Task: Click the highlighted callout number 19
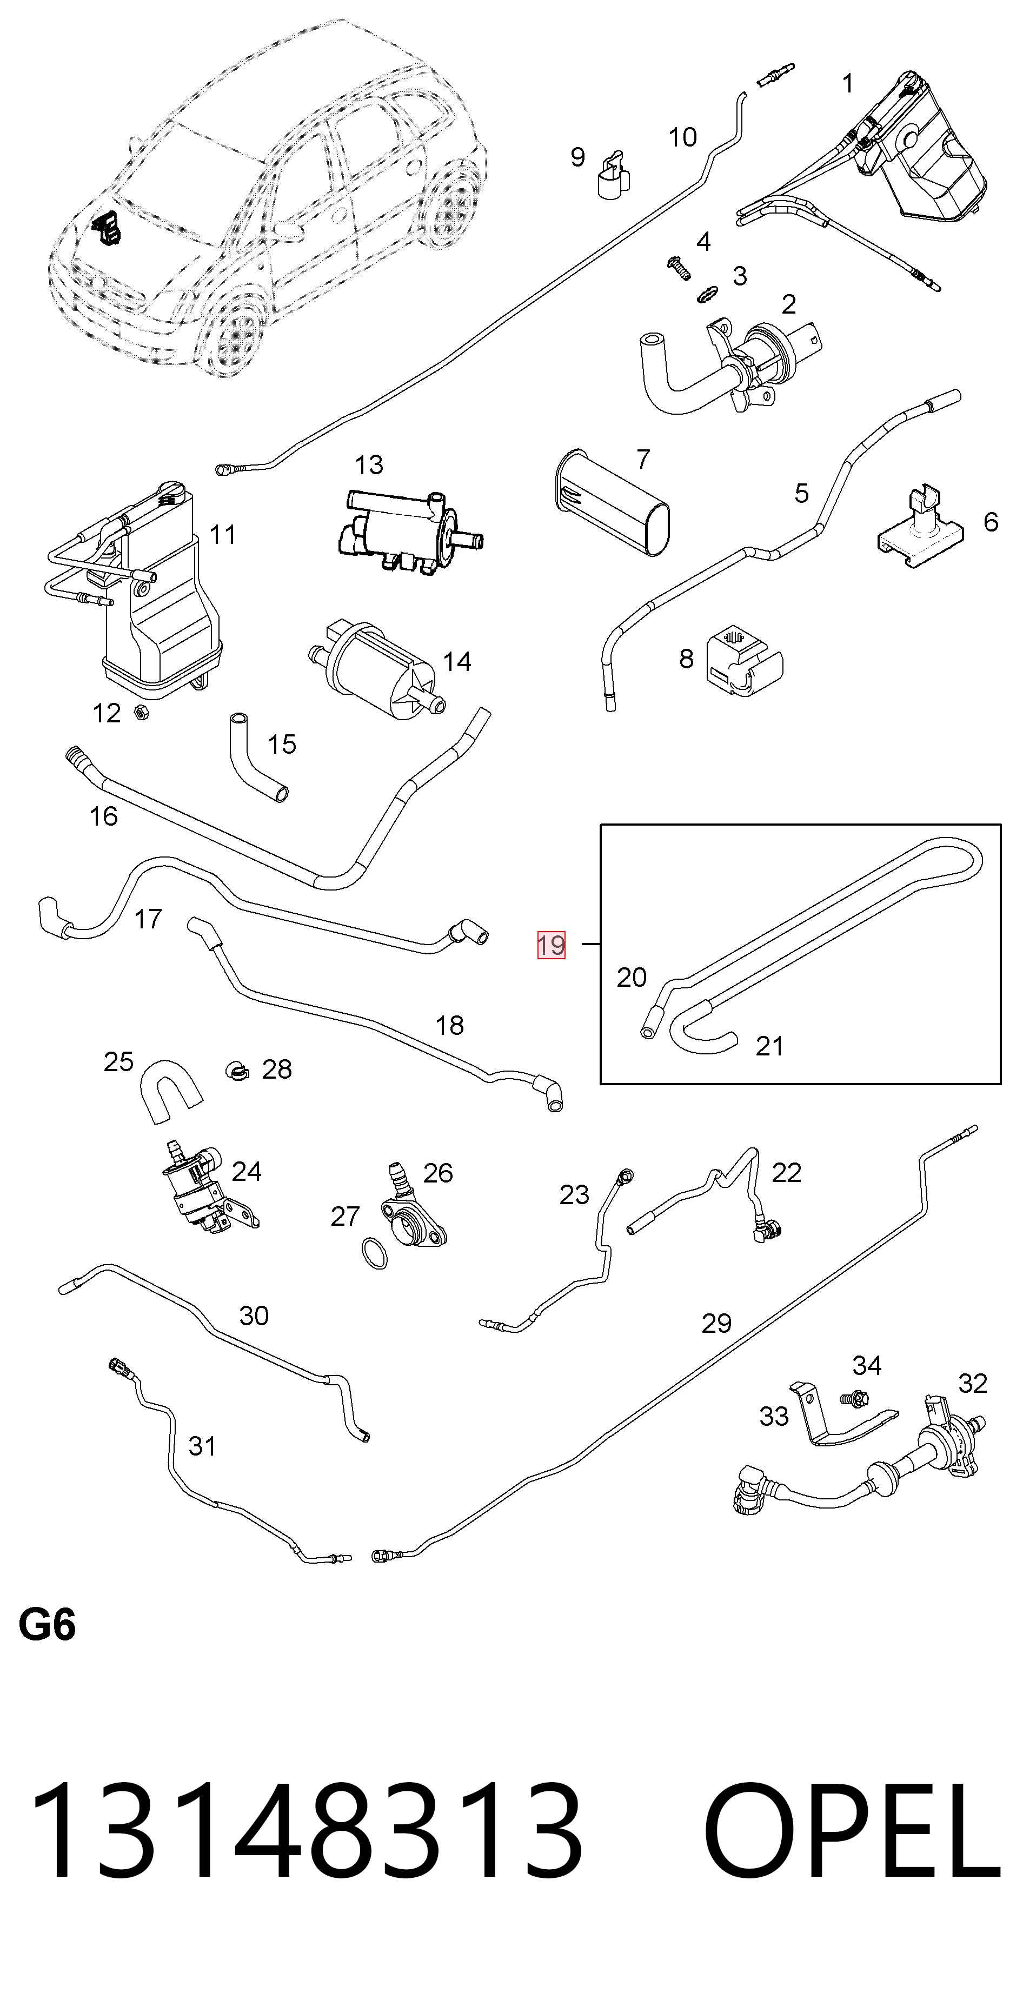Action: [x=551, y=945]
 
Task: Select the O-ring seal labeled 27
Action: [x=375, y=1254]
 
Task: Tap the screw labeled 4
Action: [x=679, y=269]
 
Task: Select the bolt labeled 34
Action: [x=854, y=1399]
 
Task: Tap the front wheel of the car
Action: [x=235, y=338]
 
